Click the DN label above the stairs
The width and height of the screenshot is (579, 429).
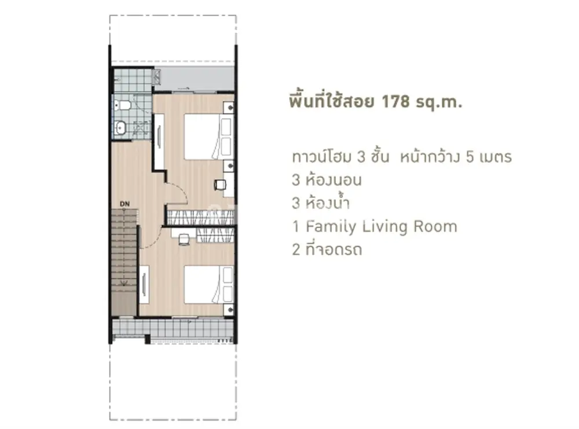(125, 204)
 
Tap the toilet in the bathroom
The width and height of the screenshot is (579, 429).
(123, 105)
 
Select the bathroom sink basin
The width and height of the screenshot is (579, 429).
(120, 128)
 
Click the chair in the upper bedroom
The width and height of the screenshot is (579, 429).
(219, 185)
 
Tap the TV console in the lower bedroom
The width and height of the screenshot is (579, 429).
(144, 284)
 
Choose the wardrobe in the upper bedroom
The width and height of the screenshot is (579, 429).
(201, 217)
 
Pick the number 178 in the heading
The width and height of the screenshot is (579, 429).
(395, 101)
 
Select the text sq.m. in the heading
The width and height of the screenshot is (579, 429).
(439, 102)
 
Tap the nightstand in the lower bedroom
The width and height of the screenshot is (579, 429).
(229, 309)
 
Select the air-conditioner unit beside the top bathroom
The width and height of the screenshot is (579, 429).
(156, 78)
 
